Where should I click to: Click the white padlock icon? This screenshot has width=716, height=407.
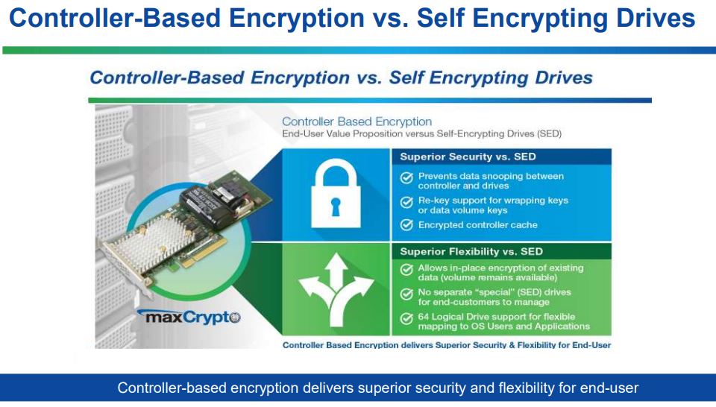pos(336,194)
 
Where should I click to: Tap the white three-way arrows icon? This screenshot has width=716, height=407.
pos(336,291)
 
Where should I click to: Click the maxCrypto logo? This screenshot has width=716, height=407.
pos(189,317)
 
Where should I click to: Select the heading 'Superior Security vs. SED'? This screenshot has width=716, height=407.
pos(468,157)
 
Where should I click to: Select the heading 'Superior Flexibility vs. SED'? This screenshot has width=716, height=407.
pos(471,251)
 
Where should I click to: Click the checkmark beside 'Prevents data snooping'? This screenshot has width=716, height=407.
pos(406,177)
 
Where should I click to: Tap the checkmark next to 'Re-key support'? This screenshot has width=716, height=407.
pos(406,202)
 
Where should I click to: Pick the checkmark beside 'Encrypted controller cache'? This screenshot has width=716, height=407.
pos(406,224)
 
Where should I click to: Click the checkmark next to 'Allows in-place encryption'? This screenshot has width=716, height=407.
pos(406,270)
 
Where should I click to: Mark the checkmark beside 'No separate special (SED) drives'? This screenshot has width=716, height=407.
pos(406,294)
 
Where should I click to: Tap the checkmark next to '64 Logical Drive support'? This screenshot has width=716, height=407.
pos(406,318)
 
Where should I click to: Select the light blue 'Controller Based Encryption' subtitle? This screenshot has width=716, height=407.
pos(357,122)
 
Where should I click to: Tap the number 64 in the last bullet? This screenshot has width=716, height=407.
pos(423,317)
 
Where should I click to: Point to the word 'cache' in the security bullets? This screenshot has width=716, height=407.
pos(526,225)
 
